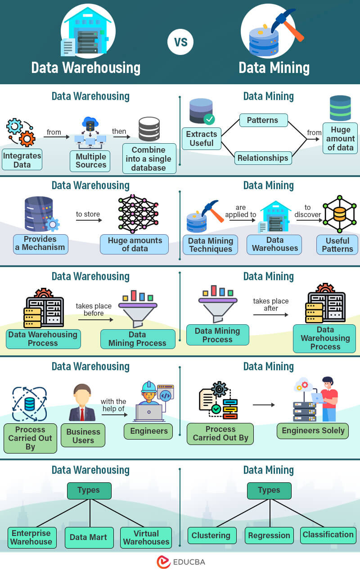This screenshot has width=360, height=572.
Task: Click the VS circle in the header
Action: (180, 42)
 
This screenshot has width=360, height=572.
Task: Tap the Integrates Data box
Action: (22, 160)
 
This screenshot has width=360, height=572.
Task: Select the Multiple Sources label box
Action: (90, 161)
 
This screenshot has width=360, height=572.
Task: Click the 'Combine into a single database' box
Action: (148, 159)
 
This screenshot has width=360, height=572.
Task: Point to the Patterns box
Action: (262, 120)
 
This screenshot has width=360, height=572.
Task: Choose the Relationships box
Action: (263, 158)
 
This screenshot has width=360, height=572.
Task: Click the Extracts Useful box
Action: (201, 139)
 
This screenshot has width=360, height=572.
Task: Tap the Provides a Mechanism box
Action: (40, 244)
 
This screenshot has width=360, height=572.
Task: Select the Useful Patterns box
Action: (337, 245)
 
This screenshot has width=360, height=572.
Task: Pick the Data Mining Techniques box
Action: (210, 245)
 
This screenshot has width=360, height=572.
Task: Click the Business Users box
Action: (83, 436)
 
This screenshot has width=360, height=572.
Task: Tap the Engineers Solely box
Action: (313, 431)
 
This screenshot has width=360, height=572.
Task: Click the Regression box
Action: (269, 536)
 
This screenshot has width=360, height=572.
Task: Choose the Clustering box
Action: (211, 536)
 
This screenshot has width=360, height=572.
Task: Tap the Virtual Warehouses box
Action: (146, 537)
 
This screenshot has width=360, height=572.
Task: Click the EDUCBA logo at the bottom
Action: (180, 562)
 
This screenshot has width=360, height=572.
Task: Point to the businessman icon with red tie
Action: (82, 403)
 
